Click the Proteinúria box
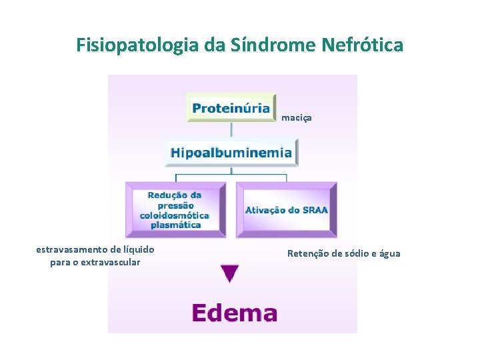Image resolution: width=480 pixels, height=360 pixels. pyautogui.click(x=231, y=107)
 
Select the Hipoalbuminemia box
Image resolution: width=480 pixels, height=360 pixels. pyautogui.click(x=231, y=152)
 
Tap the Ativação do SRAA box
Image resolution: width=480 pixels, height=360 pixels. pyautogui.click(x=287, y=209)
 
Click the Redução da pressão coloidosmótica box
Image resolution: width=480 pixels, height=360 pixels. pyautogui.click(x=175, y=209)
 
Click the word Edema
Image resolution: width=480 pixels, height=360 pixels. pyautogui.click(x=234, y=313)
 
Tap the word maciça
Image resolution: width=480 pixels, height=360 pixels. pyautogui.click(x=297, y=118)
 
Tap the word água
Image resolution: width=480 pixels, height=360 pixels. pyautogui.click(x=390, y=253)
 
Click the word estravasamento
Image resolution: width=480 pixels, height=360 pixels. pyautogui.click(x=69, y=249)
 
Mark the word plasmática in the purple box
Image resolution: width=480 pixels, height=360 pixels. pyautogui.click(x=175, y=225)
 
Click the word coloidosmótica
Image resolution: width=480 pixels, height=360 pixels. pyautogui.click(x=175, y=215)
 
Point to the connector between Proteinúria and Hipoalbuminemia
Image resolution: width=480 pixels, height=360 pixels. pyautogui.click(x=231, y=130)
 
